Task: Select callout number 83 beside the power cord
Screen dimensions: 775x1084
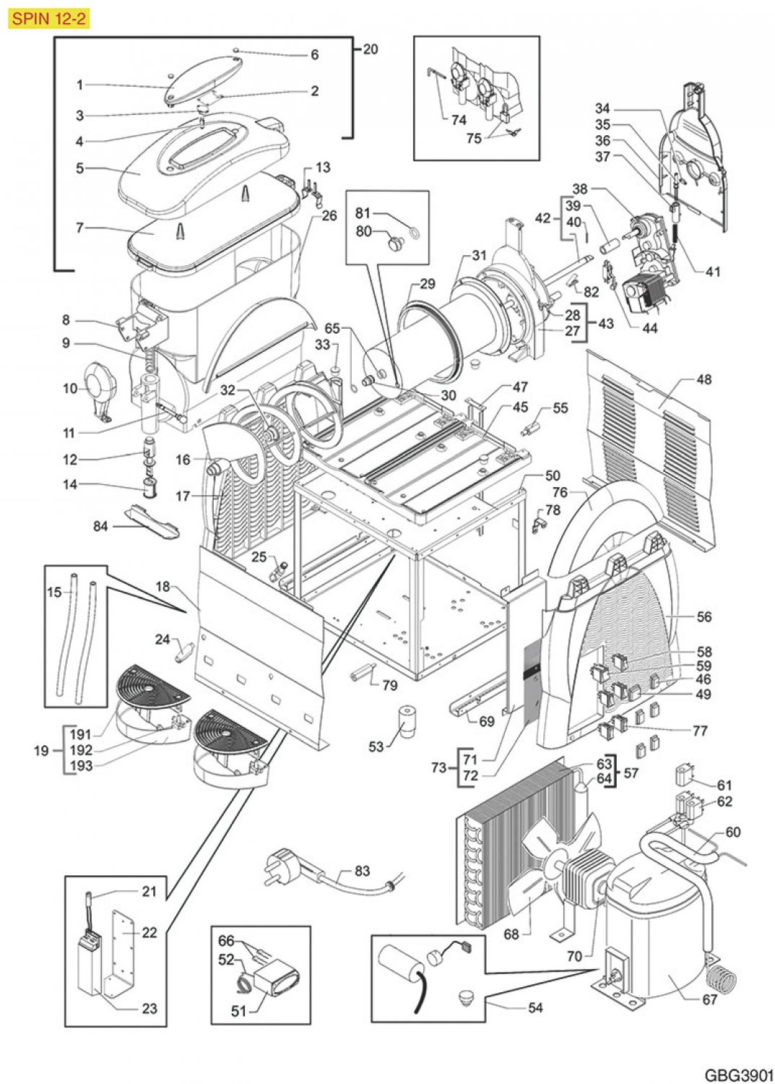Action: [362, 871]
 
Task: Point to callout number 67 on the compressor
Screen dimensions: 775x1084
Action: [709, 999]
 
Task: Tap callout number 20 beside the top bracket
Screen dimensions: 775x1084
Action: [370, 49]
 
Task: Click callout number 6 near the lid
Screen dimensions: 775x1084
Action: [314, 54]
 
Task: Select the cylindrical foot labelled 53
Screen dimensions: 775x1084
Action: [404, 721]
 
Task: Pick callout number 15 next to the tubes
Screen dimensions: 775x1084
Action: [54, 592]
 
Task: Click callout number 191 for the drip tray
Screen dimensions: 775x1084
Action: [80, 734]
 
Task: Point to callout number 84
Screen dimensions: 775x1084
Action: [100, 525]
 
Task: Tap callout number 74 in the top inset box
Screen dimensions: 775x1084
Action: [458, 119]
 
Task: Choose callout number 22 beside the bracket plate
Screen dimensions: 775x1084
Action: [149, 932]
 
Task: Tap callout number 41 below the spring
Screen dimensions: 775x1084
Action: [713, 272]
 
